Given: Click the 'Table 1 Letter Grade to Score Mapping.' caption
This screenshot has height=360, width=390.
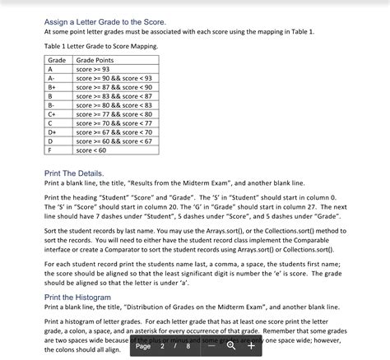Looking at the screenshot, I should click(x=100, y=46).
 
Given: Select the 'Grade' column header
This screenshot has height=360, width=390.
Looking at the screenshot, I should click(x=57, y=61).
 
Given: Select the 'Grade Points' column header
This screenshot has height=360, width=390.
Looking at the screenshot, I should click(x=95, y=61).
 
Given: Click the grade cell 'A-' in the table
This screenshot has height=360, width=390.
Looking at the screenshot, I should click(x=53, y=78).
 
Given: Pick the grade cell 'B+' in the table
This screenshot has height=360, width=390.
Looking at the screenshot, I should click(x=53, y=87).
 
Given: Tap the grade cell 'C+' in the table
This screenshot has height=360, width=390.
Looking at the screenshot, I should click(x=53, y=114).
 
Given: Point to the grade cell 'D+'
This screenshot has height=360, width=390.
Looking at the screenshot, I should click(x=53, y=132).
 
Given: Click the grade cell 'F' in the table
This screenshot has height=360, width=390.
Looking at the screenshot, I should click(x=50, y=150).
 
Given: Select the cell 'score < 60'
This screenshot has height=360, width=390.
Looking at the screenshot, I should click(x=91, y=150).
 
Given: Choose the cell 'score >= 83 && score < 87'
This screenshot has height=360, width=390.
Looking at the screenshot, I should click(x=114, y=96).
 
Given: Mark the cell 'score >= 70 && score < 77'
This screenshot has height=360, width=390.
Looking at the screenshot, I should click(x=114, y=123).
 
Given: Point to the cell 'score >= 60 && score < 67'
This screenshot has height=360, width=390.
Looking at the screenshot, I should click(x=114, y=141).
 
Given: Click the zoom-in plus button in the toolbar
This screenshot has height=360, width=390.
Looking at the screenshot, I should click(x=251, y=346).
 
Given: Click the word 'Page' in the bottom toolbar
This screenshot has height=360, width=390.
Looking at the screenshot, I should click(x=143, y=346).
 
